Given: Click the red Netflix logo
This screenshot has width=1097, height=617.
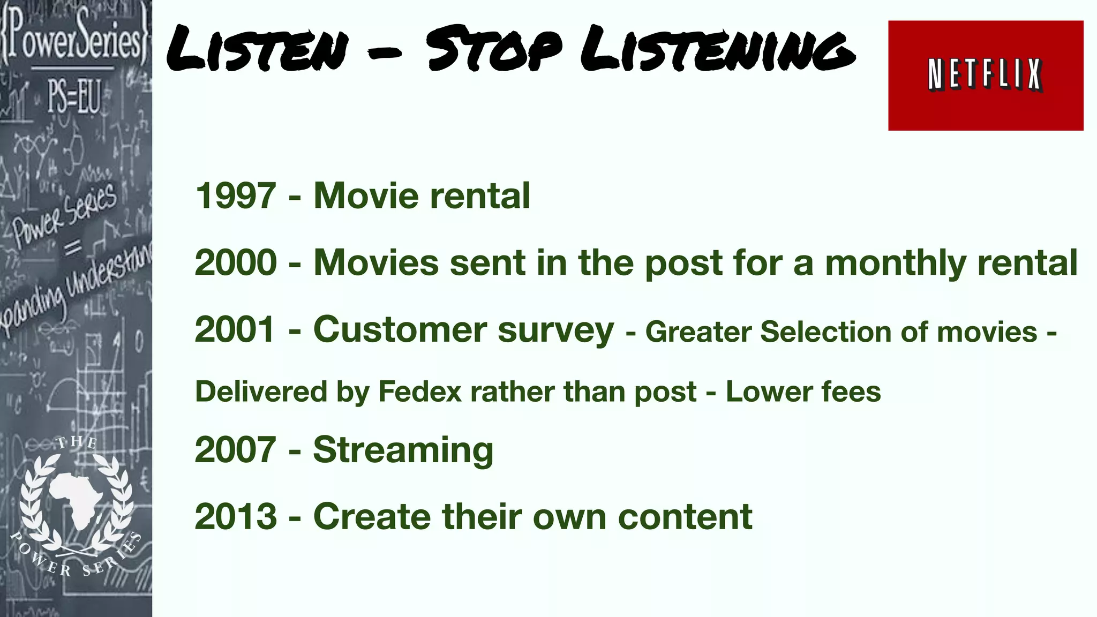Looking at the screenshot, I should tap(985, 76).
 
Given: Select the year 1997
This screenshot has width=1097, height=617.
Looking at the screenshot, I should tap(236, 195).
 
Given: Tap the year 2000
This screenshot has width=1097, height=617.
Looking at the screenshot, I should tap(236, 262).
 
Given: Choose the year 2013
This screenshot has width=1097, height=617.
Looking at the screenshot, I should tap(236, 517).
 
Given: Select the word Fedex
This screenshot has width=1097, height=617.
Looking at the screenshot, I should tap(419, 392).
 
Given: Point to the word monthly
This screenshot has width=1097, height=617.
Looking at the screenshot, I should tap(895, 264).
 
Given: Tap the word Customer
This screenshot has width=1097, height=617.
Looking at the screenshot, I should tap(399, 329).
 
